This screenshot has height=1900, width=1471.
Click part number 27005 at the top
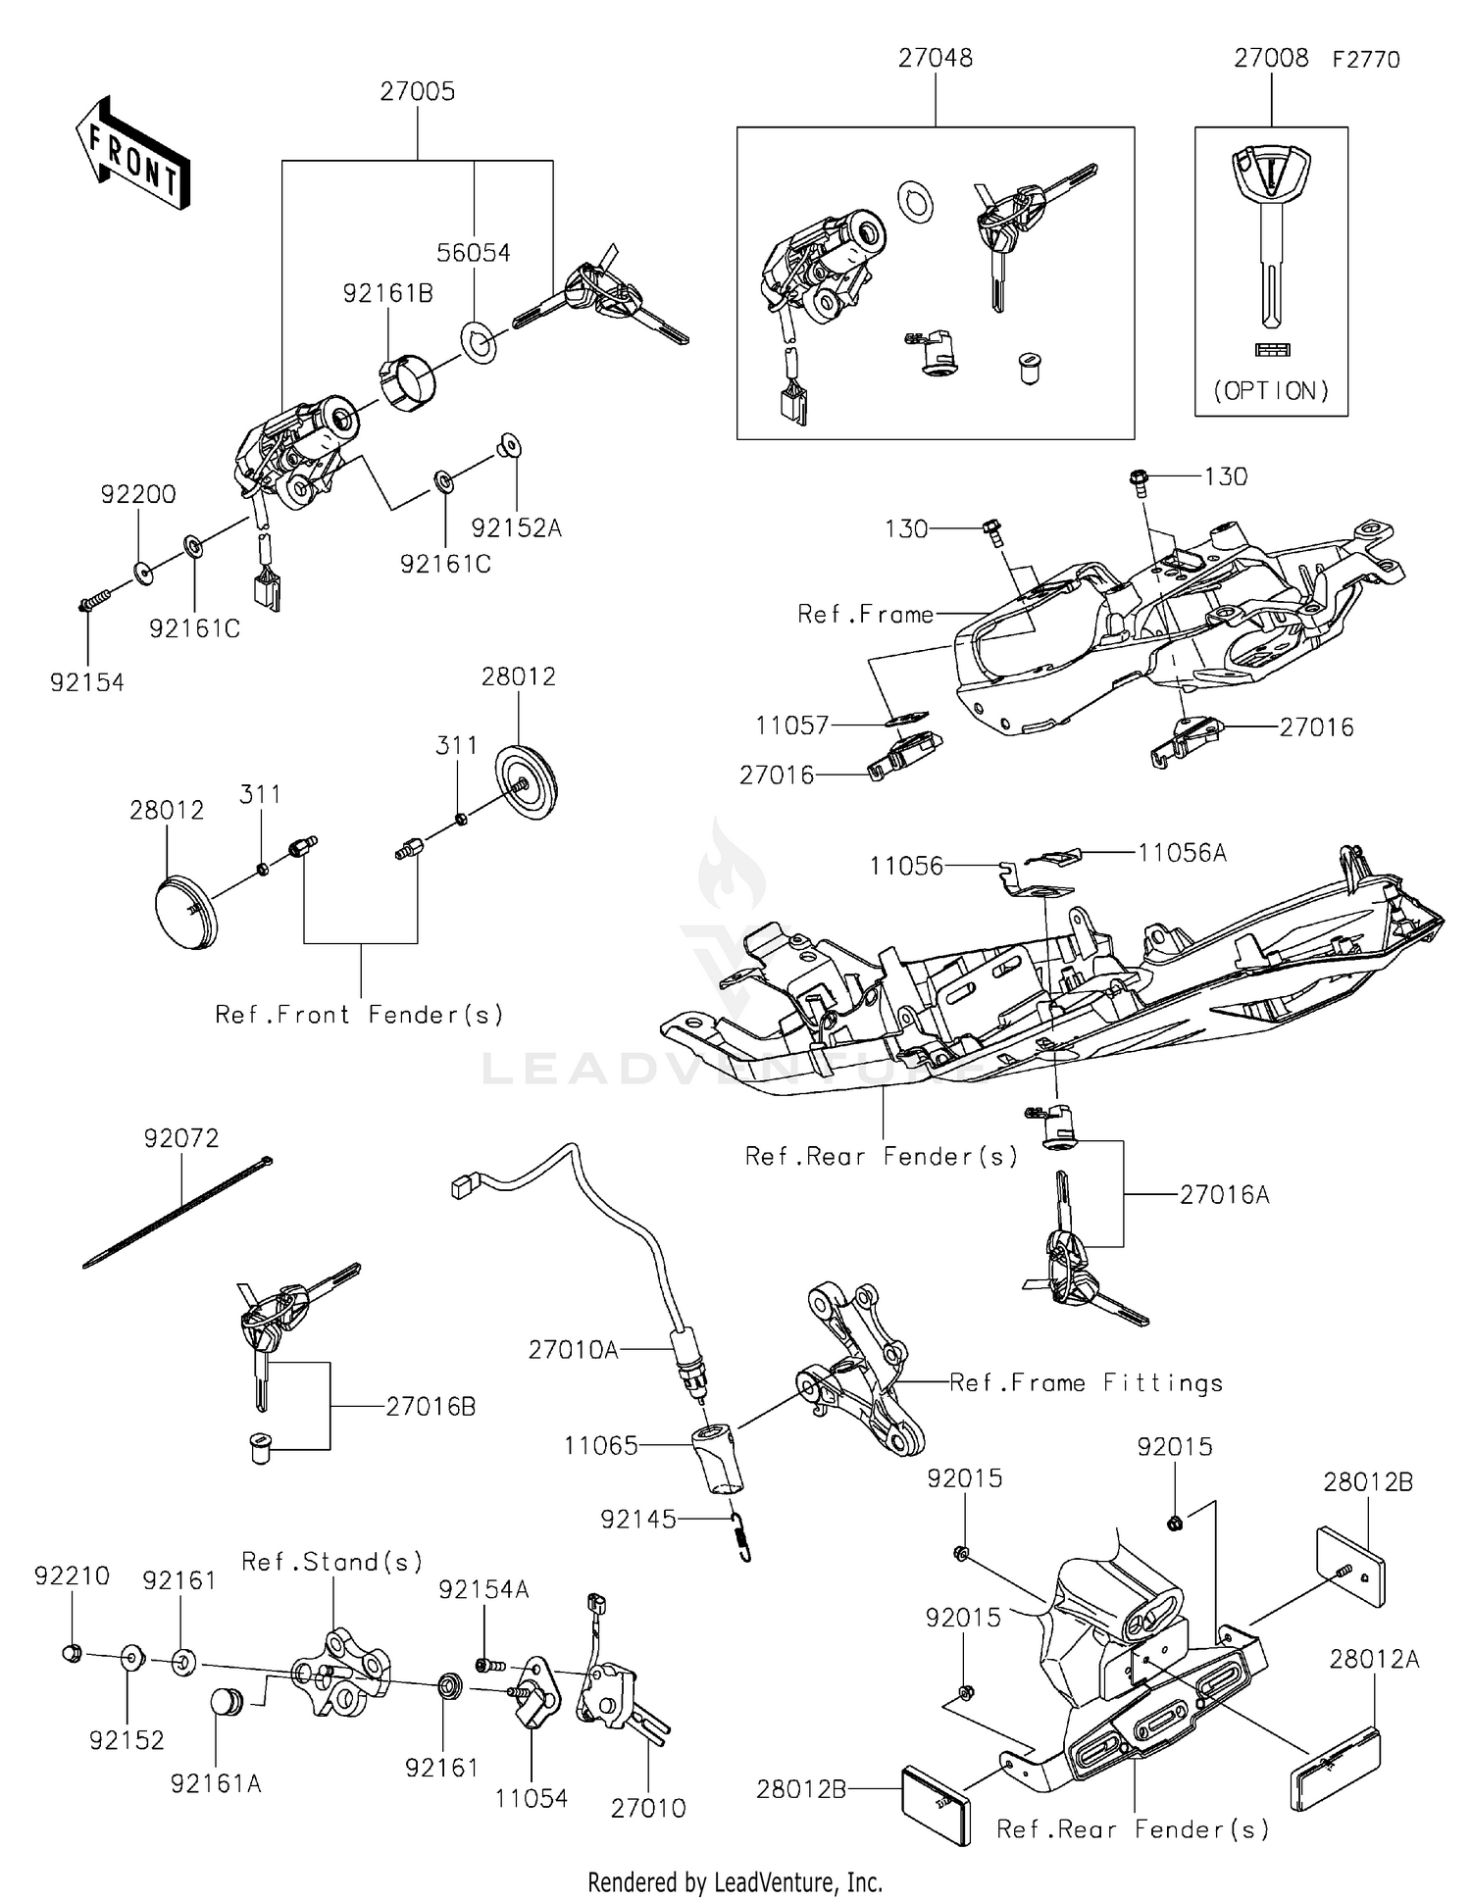[x=418, y=92]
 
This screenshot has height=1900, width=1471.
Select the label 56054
[x=474, y=253]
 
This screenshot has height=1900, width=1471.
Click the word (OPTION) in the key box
[x=1271, y=391]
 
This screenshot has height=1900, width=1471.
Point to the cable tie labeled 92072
[x=177, y=1214]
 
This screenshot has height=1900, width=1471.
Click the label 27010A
[x=574, y=1350]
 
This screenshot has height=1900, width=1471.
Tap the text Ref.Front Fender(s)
[x=360, y=1015]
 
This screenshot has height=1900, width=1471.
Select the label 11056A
[x=1182, y=853]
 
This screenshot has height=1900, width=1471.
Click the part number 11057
[x=792, y=725]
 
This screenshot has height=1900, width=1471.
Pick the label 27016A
[x=1224, y=1194]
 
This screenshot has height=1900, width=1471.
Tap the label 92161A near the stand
[x=216, y=1783]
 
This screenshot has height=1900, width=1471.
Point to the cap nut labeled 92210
[x=71, y=1653]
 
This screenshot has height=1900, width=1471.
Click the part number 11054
[x=531, y=1798]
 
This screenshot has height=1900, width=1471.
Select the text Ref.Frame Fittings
[x=1087, y=1383]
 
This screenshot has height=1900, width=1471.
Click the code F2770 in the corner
[x=1365, y=60]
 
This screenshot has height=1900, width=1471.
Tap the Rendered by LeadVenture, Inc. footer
[x=735, y=1881]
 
